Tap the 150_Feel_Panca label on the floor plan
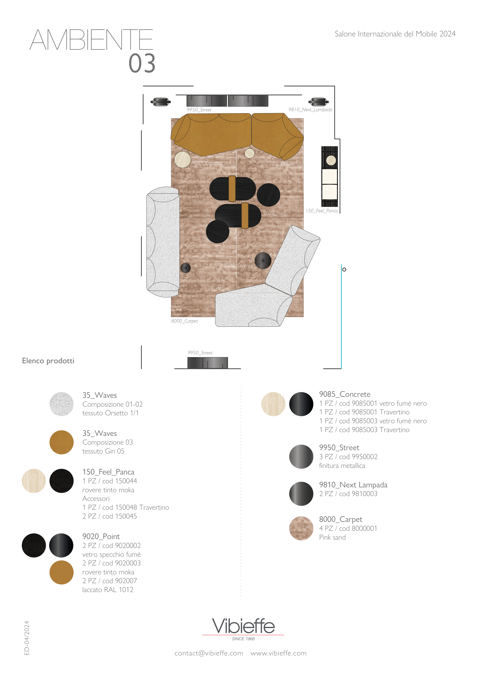tap(322, 211)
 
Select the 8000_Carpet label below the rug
tap(184, 321)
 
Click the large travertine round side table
tap(182, 160)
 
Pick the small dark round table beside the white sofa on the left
tap(186, 268)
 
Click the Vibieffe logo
tap(243, 629)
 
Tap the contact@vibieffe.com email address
tap(209, 653)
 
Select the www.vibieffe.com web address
tap(278, 653)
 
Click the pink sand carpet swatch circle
tap(301, 528)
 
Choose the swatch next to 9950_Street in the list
tap(301, 457)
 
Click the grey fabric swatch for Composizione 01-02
tap(61, 404)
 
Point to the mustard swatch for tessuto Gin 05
tap(61, 442)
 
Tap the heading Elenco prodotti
tap(48, 361)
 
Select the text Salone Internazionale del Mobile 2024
tap(395, 34)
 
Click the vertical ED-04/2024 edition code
tap(27, 638)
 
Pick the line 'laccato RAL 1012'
tap(108, 590)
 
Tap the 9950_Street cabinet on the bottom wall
tap(208, 363)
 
